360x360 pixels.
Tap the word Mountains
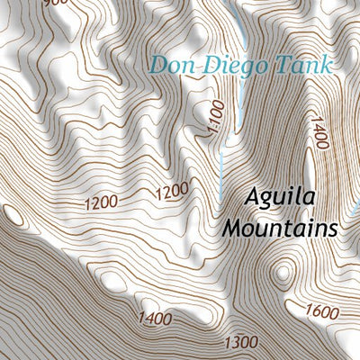point(279,229)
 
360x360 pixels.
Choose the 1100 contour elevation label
point(212,117)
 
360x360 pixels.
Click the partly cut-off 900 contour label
point(55,4)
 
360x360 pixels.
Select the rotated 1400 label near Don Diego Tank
point(319,133)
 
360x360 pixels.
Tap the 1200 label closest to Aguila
point(172,191)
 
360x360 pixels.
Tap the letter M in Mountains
point(230,229)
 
